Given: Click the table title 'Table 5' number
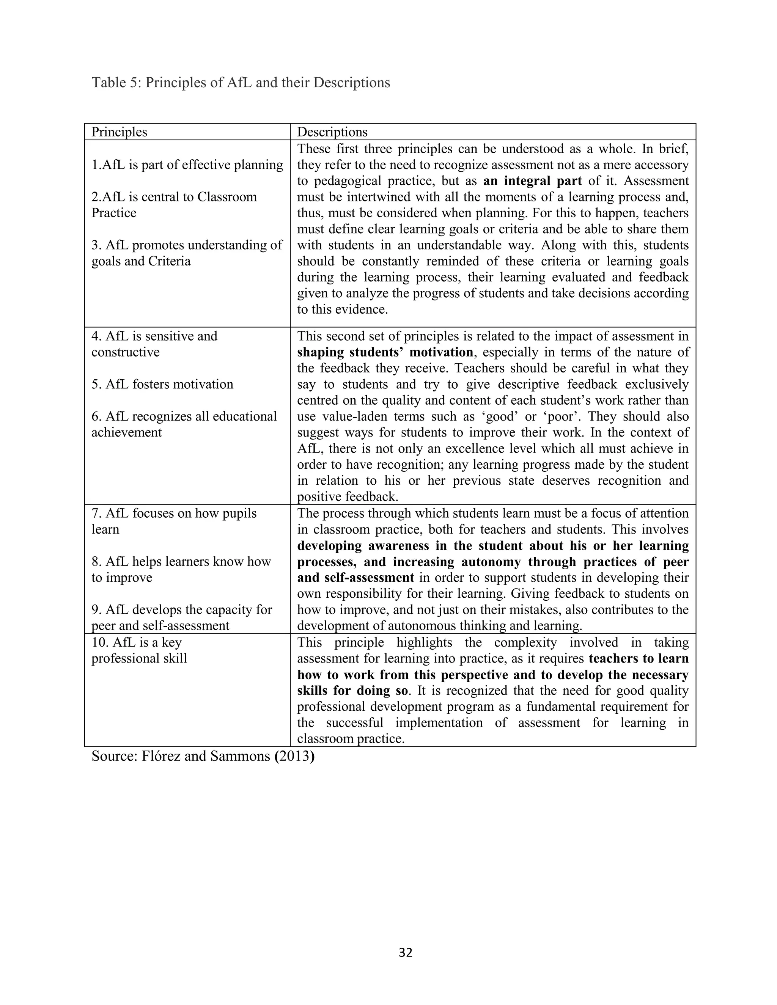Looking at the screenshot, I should tap(134, 83).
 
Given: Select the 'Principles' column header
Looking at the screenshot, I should tap(119, 132).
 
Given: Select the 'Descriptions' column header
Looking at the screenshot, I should tap(332, 132).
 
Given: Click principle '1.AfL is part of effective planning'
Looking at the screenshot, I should tap(187, 165).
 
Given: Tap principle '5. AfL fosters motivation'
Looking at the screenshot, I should tap(162, 384).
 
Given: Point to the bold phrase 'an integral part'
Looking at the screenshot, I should tap(532, 181).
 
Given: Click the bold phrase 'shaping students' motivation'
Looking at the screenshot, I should tap(385, 352).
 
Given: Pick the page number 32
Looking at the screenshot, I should tap(406, 953).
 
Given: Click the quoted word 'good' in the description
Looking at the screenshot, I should tap(499, 416).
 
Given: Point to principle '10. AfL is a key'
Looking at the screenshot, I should tap(136, 642).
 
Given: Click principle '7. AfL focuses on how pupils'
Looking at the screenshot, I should tap(173, 513).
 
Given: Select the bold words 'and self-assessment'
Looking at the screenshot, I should tap(355, 578).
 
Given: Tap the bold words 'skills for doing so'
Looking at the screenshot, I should tap(352, 691).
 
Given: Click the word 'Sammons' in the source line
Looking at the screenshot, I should tap(240, 756).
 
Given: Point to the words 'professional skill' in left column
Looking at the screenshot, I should tap(139, 658).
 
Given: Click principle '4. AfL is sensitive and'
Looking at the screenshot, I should tap(154, 336).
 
